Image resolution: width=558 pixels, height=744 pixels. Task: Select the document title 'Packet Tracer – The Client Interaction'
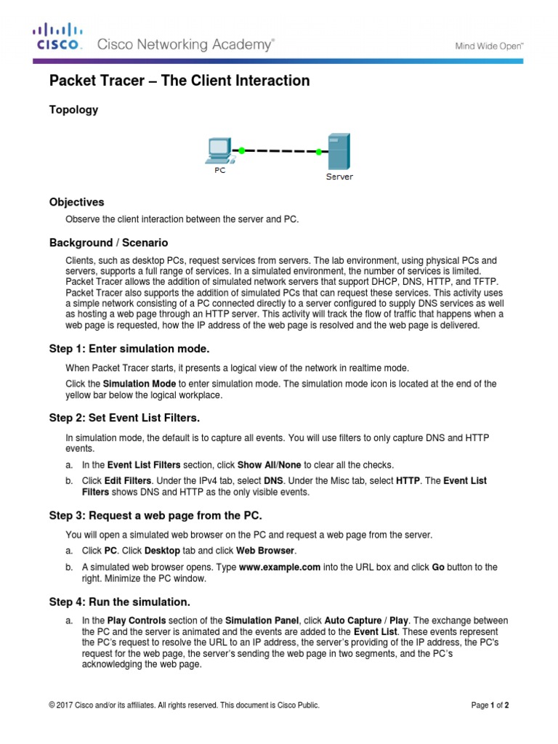[179, 81]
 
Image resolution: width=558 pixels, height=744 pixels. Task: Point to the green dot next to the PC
[241, 150]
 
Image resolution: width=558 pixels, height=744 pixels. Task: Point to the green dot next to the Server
[318, 152]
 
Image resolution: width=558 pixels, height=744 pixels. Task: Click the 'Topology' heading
[73, 110]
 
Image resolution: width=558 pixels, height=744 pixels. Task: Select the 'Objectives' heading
[76, 202]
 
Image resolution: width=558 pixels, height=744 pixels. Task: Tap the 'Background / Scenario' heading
[108, 242]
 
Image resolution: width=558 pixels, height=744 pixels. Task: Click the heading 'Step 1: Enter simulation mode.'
[129, 349]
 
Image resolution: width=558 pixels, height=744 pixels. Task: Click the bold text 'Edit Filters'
[127, 481]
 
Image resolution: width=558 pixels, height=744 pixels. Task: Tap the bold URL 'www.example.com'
[280, 567]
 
